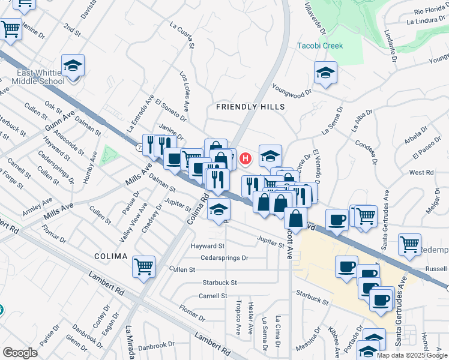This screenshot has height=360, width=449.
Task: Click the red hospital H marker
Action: click(245, 159)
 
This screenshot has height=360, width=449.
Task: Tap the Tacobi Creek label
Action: click(320, 46)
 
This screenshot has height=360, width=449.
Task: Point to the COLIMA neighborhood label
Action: click(111, 256)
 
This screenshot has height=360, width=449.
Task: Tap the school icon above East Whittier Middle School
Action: click(73, 65)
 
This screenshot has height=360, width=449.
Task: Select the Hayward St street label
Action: click(207, 246)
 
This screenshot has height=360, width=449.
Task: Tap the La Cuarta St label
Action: click(182, 35)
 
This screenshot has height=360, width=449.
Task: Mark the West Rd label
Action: click(421, 172)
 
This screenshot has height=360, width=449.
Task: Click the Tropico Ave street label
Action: click(238, 317)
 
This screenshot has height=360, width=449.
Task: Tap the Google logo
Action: click(20, 353)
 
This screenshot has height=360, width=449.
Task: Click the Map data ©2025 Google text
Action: click(412, 355)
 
